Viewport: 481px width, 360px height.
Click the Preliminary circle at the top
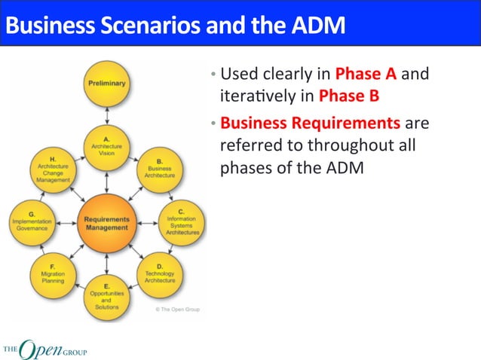(x=107, y=82)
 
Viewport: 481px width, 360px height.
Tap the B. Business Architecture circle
(x=159, y=168)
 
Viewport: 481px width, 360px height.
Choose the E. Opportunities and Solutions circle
(x=107, y=297)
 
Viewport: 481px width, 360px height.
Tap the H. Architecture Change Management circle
(x=53, y=169)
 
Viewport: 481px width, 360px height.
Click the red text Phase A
(x=367, y=74)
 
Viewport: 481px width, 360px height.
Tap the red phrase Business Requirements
(x=310, y=122)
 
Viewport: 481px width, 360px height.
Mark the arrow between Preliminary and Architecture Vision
(x=107, y=113)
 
